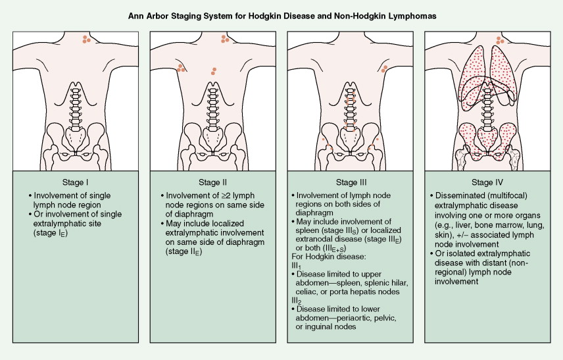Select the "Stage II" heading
tap(212, 182)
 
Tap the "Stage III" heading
tap(351, 182)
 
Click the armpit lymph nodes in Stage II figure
tap(180, 68)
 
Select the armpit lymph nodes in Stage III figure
tap(384, 68)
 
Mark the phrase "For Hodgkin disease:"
tap(324, 255)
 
